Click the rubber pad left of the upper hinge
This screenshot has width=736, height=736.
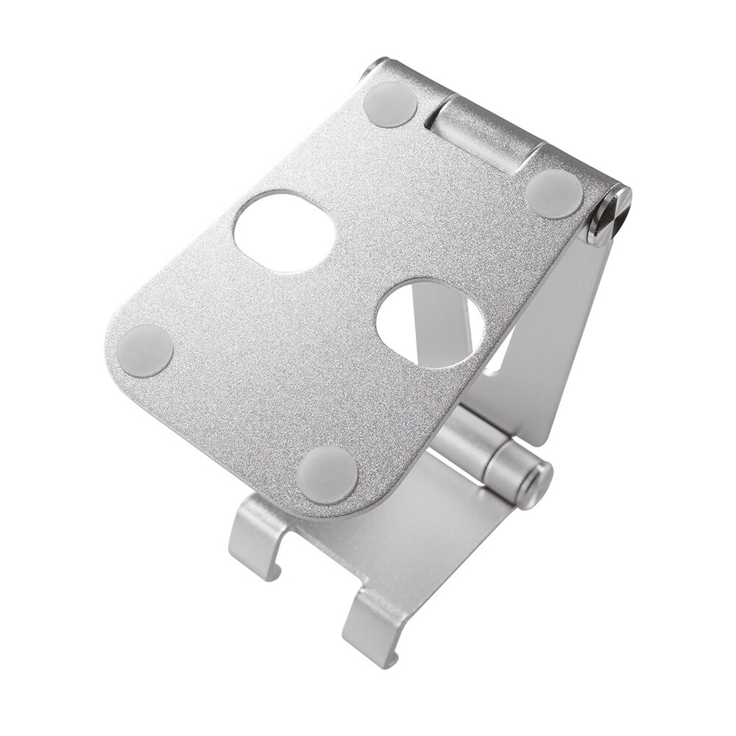click(x=391, y=104)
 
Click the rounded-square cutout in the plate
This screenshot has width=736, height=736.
click(x=284, y=231)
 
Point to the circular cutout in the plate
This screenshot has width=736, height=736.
click(x=431, y=325)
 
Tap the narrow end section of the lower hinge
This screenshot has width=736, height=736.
click(x=515, y=471)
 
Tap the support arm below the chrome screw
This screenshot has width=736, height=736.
click(x=567, y=331)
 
